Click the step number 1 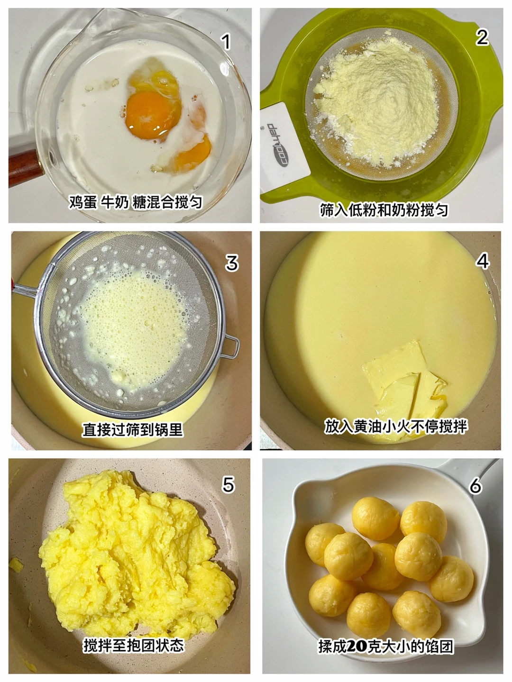point(227,42)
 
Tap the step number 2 point(482,37)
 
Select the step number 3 point(232,263)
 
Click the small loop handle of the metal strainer point(230,347)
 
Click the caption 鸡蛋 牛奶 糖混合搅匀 point(136,202)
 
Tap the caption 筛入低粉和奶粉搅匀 point(384,210)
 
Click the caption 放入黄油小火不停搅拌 point(396,426)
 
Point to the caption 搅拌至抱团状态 point(134,646)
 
